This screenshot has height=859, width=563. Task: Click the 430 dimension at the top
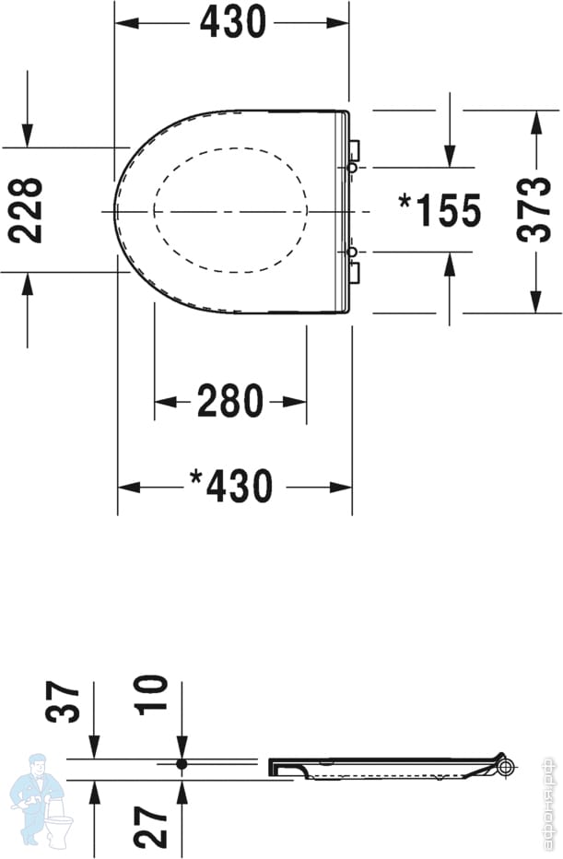coord(233,22)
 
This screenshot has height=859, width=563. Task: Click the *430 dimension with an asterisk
coord(230,486)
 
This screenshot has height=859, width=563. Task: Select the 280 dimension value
coord(230,401)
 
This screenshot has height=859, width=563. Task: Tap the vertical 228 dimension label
coord(26,210)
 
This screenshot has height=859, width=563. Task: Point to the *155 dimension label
coord(440,210)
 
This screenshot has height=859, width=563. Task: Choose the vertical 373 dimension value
coord(534,209)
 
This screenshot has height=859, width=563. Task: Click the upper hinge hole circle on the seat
coord(352,168)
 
